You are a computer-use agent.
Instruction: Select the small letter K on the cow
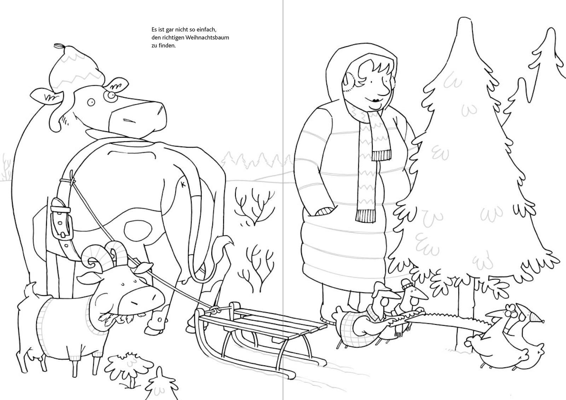coord(183,184)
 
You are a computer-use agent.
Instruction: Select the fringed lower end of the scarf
coord(366,216)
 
